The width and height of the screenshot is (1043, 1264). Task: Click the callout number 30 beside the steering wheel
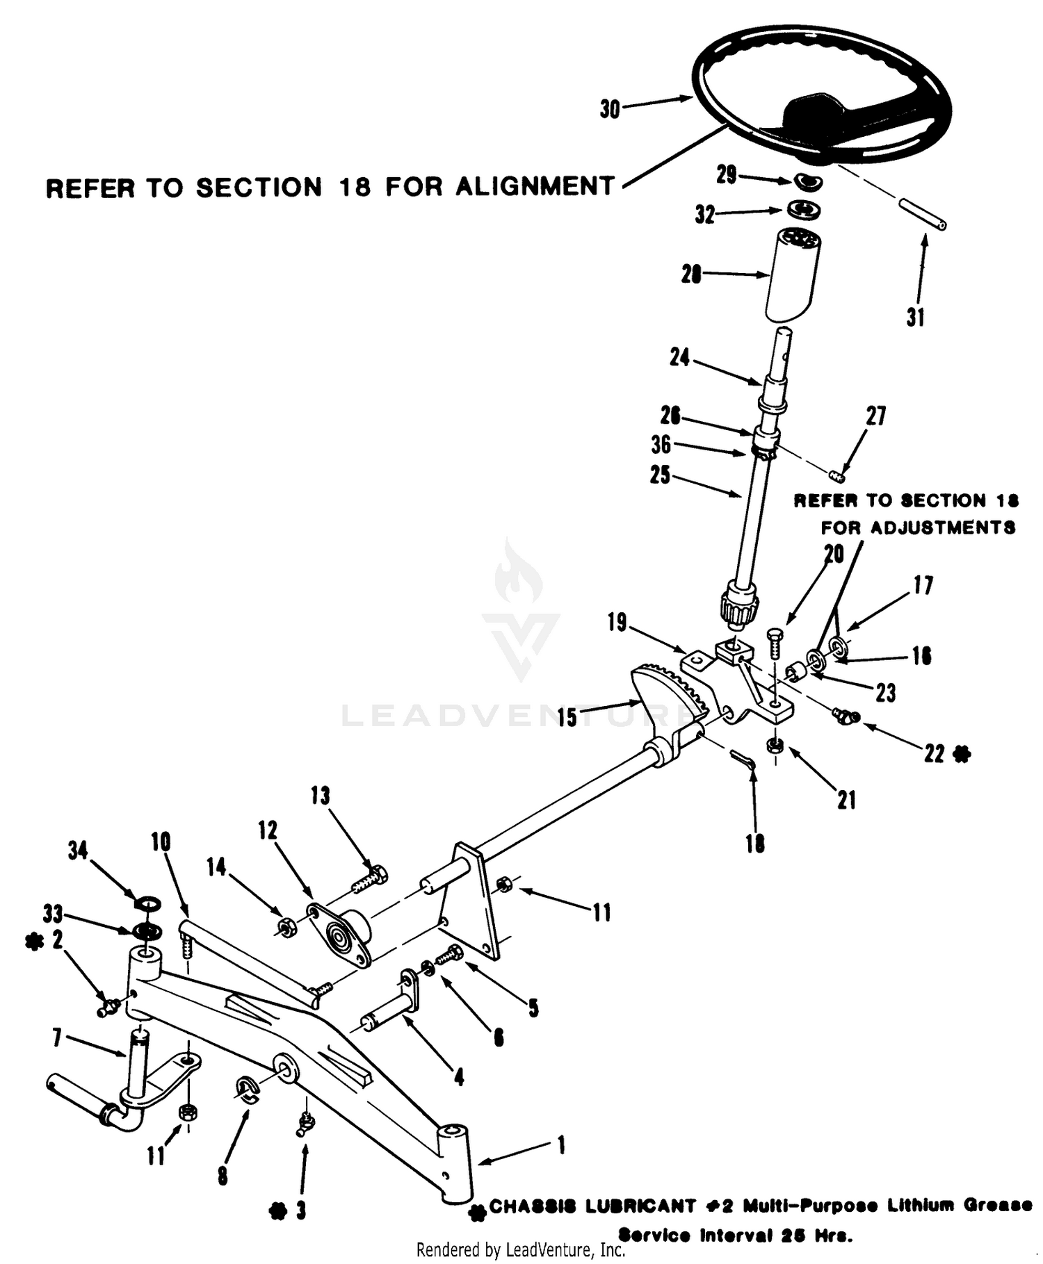610,109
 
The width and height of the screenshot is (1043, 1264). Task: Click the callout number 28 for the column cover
691,275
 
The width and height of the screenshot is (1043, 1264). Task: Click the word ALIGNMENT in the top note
535,186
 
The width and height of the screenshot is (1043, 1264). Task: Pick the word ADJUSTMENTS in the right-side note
918,527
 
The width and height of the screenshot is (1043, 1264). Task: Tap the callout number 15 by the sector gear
567,718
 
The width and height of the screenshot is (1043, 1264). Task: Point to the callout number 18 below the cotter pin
755,843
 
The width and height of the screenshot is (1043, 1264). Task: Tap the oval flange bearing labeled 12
339,935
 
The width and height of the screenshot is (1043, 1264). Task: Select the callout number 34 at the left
78,850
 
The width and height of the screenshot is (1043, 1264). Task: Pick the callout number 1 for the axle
561,1144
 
